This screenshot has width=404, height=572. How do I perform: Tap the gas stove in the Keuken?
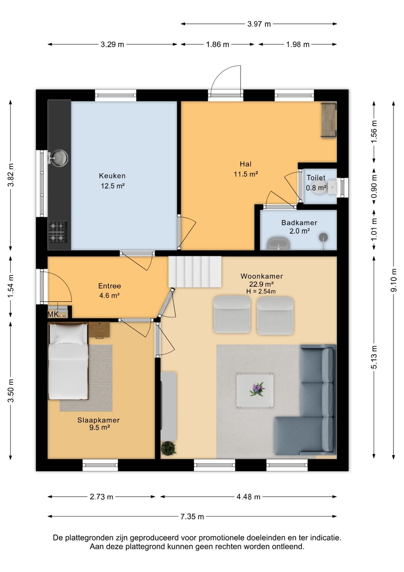point(58,232)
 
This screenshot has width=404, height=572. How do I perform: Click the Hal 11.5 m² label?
point(246,169)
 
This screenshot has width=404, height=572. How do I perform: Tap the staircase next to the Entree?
point(194,272)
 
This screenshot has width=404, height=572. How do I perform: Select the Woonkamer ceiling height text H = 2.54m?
point(261,292)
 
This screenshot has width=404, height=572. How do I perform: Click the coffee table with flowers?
point(255,391)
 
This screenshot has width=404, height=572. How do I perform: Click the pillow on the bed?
point(69,334)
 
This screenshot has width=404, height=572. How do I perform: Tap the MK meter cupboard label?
point(53,314)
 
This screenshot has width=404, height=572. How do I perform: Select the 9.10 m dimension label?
point(394,280)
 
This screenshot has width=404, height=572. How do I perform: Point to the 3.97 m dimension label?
point(259,24)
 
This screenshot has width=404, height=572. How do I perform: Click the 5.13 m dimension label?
point(374,357)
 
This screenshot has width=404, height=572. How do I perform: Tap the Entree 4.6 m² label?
point(110,291)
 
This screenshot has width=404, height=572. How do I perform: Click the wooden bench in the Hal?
point(329,120)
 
